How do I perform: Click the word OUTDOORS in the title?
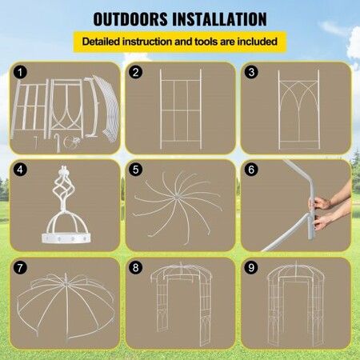pyautogui.click(x=130, y=19)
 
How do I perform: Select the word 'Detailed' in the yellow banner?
pyautogui.click(x=101, y=42)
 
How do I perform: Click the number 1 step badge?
pyautogui.click(x=20, y=72)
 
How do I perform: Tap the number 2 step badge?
pyautogui.click(x=135, y=72)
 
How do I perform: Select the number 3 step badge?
pyautogui.click(x=251, y=72)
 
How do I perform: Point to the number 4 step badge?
pyautogui.click(x=20, y=170)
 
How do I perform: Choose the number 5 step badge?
pyautogui.click(x=135, y=170)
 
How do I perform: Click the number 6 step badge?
pyautogui.click(x=251, y=170)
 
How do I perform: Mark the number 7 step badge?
pyautogui.click(x=20, y=267)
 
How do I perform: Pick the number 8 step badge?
pyautogui.click(x=135, y=267)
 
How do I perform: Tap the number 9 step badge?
pyautogui.click(x=251, y=267)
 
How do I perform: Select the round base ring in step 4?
pyautogui.click(x=66, y=238)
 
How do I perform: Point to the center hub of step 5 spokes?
pyautogui.click(x=176, y=198)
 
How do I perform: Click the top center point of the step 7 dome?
pyautogui.click(x=66, y=284)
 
